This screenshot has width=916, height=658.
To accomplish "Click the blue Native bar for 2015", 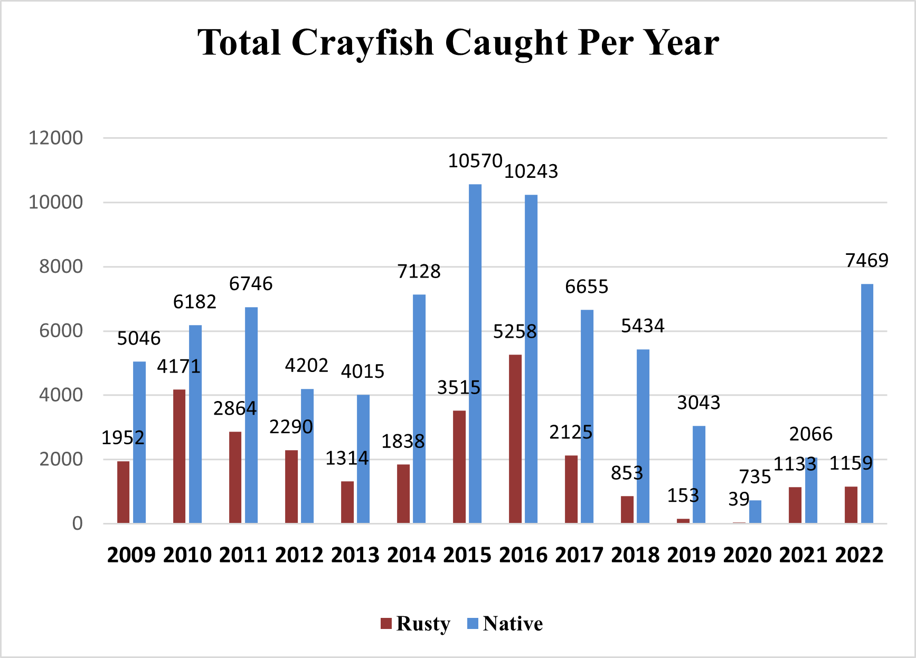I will [475, 354].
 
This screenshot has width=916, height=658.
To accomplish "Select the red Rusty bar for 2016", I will [515, 438].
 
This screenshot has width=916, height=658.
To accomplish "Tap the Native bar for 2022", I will [867, 403].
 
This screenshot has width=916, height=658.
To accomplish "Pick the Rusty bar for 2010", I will [180, 456].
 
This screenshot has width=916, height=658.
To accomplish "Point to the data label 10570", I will [475, 161].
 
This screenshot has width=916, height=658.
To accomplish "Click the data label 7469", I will [866, 260].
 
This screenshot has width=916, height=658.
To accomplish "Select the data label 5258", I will [515, 331].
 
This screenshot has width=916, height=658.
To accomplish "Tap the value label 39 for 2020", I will [739, 499].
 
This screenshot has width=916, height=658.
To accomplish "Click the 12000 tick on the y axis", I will [55, 138].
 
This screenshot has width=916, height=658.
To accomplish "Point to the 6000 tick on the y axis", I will [61, 331].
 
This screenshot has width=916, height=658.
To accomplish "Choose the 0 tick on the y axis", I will [77, 523].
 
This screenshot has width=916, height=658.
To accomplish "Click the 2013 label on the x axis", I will [355, 555].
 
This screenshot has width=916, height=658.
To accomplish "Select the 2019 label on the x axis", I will [691, 555].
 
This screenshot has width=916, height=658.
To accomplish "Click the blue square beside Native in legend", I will [473, 624].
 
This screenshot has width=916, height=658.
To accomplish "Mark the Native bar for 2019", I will [699, 474].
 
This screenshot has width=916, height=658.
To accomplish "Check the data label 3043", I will [698, 403].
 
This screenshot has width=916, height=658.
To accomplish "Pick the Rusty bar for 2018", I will [627, 509].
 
